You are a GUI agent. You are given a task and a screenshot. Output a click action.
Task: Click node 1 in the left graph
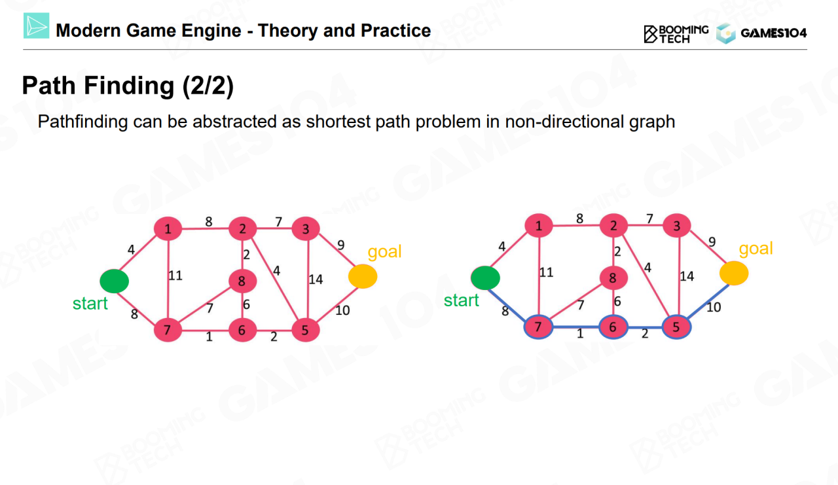pos(168,229)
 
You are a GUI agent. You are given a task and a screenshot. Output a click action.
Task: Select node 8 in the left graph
pos(242,281)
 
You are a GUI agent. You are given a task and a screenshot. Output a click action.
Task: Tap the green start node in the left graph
pos(114,281)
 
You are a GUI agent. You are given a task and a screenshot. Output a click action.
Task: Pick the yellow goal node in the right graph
pos(734,273)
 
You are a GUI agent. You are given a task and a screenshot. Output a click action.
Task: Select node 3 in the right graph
pos(676,226)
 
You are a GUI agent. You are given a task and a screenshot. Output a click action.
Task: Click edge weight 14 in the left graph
pos(316,279)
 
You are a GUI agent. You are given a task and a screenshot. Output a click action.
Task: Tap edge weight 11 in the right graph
pos(546,272)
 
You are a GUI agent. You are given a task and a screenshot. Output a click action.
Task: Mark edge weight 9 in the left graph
pos(340,245)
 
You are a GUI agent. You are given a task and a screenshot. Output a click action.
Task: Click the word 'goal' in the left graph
pos(384,252)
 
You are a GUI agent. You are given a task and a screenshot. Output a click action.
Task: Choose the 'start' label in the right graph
pos(462,300)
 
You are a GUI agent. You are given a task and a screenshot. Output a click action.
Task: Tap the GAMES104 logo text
pos(773,33)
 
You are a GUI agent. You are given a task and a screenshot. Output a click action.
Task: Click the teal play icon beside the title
pos(36,27)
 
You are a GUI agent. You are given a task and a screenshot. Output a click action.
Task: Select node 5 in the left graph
pos(304,330)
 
